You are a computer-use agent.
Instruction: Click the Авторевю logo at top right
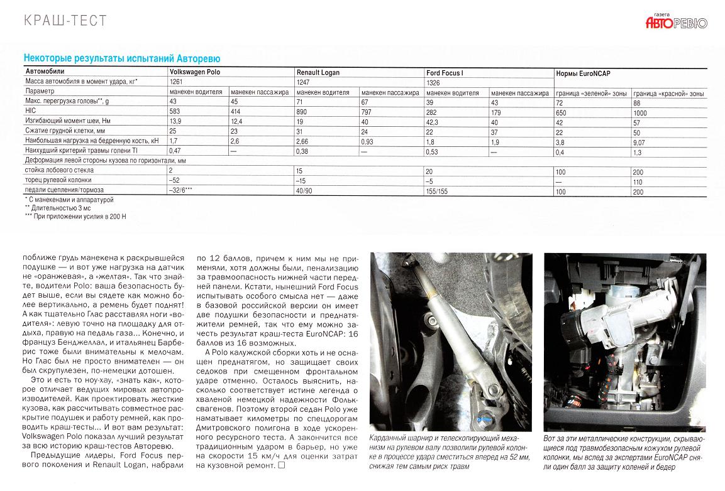[x=676, y=23]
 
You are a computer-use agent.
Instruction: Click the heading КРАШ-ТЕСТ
[x=65, y=21]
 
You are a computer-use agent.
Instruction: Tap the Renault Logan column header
[x=318, y=73]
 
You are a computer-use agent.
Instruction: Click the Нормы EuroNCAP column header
[x=583, y=73]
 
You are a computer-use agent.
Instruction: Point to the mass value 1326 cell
[x=434, y=82]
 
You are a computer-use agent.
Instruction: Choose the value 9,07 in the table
[x=641, y=143]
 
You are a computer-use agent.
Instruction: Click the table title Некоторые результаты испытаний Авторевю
[x=121, y=58]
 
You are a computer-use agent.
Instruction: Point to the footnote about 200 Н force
[x=75, y=216]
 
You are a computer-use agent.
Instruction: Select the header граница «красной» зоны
[x=668, y=93]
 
